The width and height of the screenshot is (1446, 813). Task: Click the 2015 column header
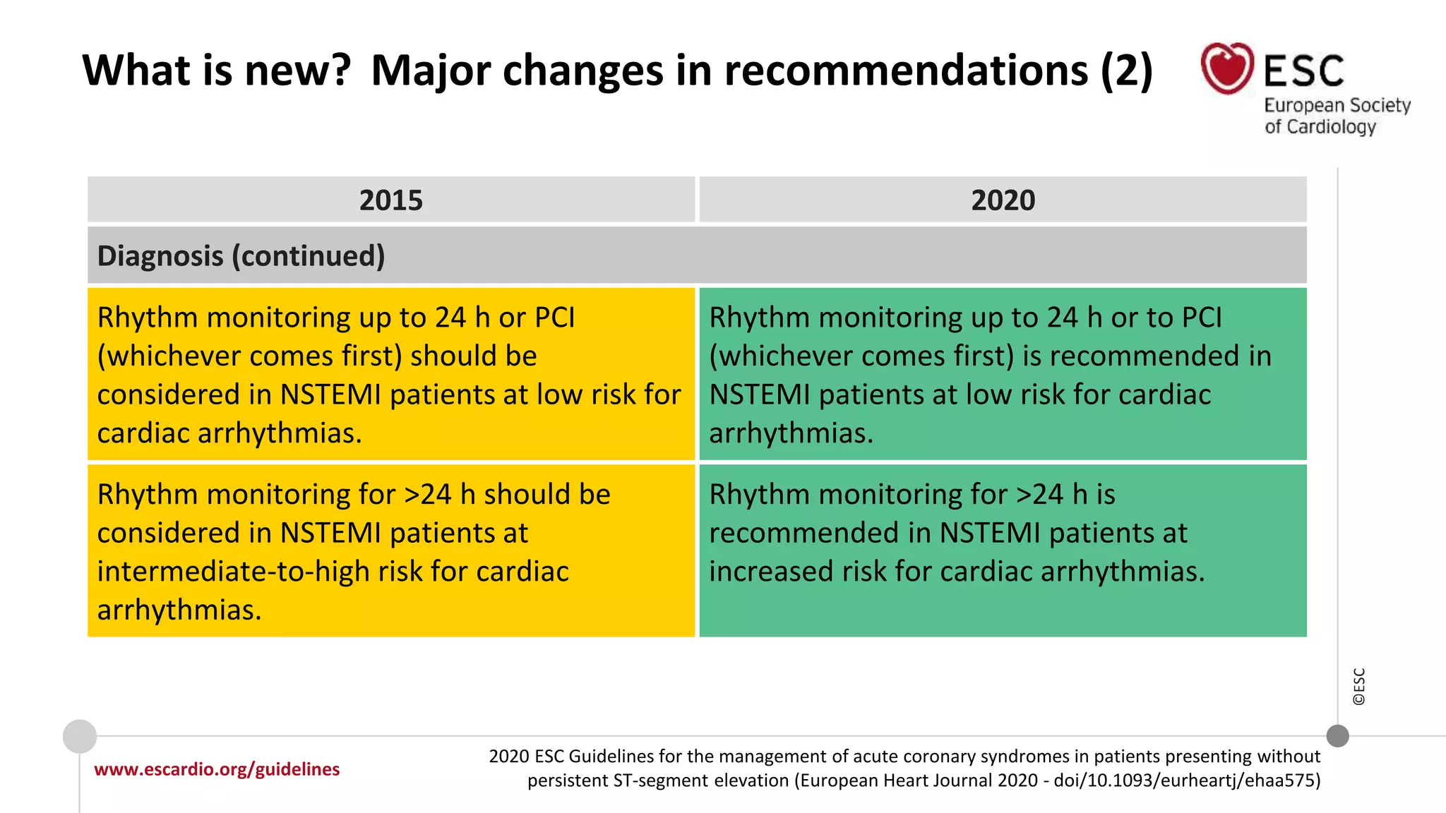coord(390,200)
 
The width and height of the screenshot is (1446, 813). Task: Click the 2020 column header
coord(1003,200)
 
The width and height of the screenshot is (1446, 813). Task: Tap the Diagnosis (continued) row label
coord(241,255)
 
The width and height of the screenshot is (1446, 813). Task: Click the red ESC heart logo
coord(1227,68)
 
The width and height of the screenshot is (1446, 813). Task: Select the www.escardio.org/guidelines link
coord(217,769)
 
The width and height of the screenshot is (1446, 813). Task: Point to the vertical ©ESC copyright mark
coord(1359,687)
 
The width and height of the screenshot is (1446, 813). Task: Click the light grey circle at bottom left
coord(80,737)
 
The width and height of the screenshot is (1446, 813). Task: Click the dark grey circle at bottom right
coord(1337,736)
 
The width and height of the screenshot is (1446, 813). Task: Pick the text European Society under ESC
coord(1337,106)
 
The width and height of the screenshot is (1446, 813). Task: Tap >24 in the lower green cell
coord(1039,495)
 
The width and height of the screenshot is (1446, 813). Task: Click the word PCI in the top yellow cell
coord(555,318)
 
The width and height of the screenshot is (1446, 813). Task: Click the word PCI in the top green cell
coord(1201,318)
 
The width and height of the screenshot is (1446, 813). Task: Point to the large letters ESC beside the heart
coord(1303,71)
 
